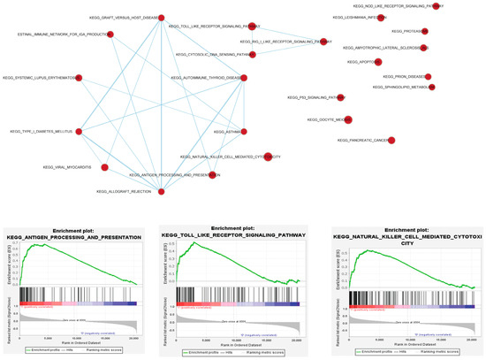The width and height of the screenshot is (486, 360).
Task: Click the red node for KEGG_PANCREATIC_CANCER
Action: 391,140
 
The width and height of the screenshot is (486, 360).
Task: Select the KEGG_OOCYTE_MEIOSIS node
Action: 349,119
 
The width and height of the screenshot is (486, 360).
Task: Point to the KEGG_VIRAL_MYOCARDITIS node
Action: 104,166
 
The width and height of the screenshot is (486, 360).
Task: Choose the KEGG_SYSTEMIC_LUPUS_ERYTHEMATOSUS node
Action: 78,79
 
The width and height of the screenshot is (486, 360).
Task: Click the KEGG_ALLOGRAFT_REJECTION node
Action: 161,191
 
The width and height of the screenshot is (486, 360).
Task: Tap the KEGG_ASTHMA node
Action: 238,132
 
